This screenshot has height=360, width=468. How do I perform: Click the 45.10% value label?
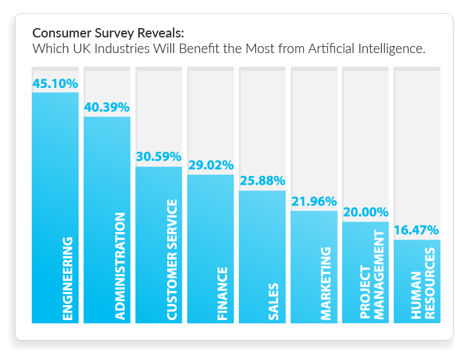(x=56, y=83)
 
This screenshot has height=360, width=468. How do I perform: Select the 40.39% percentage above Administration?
(x=107, y=107)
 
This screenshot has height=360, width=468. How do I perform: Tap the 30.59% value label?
(x=158, y=157)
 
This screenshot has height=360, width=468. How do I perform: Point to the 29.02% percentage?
(x=210, y=165)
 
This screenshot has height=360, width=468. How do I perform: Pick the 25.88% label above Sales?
(x=262, y=181)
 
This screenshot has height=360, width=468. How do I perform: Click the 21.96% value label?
(x=314, y=202)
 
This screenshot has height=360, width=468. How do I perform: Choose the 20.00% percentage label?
(x=366, y=212)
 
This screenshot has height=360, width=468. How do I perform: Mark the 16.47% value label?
(x=417, y=230)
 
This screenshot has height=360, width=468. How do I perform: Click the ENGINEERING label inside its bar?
(x=68, y=278)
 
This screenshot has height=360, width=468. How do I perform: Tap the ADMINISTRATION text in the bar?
(x=120, y=266)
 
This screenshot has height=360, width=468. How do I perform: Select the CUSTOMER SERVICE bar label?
(x=172, y=260)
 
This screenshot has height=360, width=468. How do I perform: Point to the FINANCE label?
(x=223, y=293)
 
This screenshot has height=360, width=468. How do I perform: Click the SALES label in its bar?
(x=275, y=302)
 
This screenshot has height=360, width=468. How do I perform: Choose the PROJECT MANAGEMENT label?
(x=372, y=275)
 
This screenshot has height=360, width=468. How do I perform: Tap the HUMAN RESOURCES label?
(x=423, y=284)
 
